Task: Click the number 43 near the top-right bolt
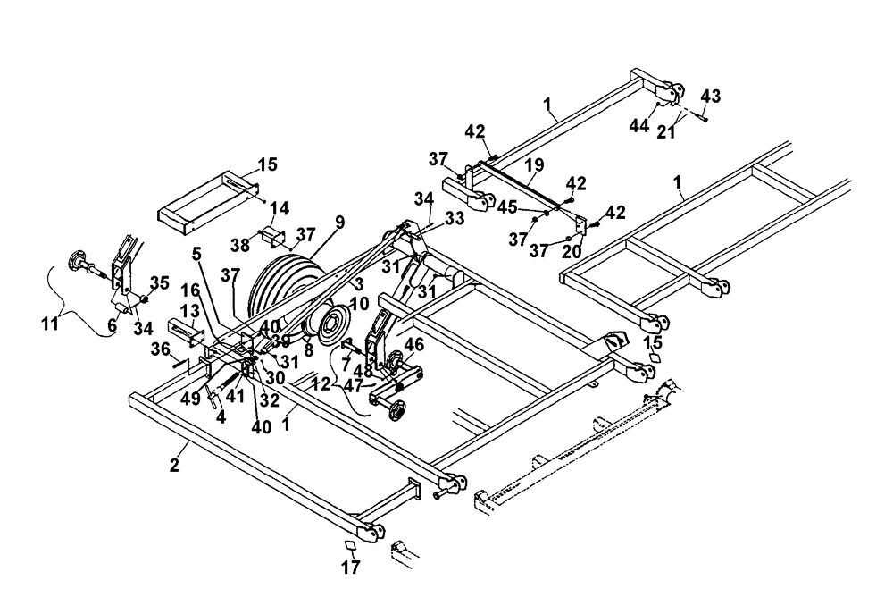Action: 711,97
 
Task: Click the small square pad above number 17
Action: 349,545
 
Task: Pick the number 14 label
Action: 280,207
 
